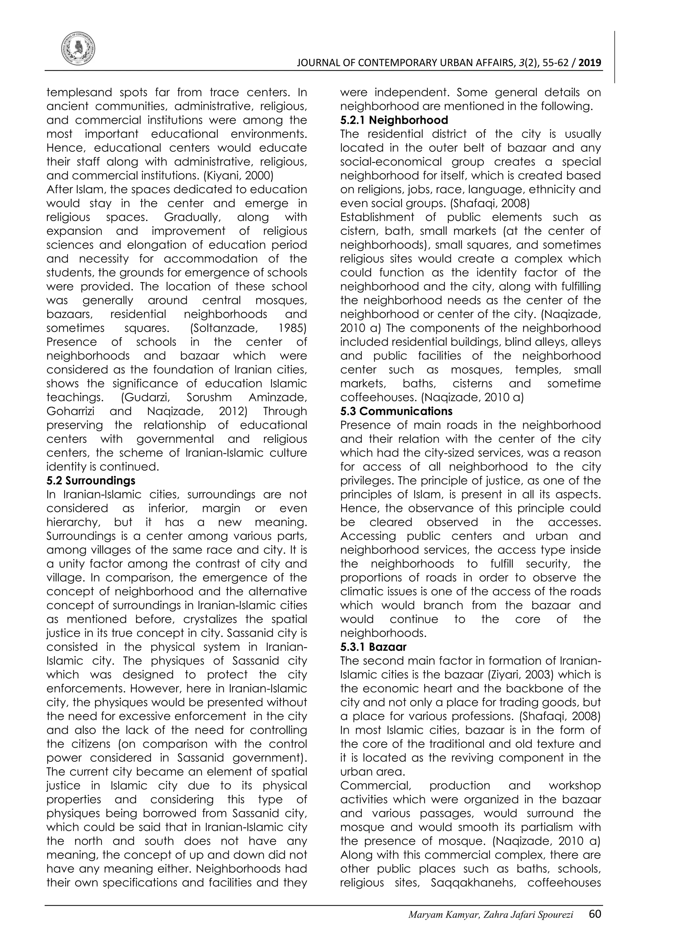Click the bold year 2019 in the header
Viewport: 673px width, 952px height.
[x=590, y=63]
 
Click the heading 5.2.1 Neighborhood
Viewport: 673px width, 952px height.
[x=394, y=120]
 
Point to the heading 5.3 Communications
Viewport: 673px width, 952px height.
[x=396, y=411]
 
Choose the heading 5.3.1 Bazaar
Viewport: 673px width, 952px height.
[x=373, y=647]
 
